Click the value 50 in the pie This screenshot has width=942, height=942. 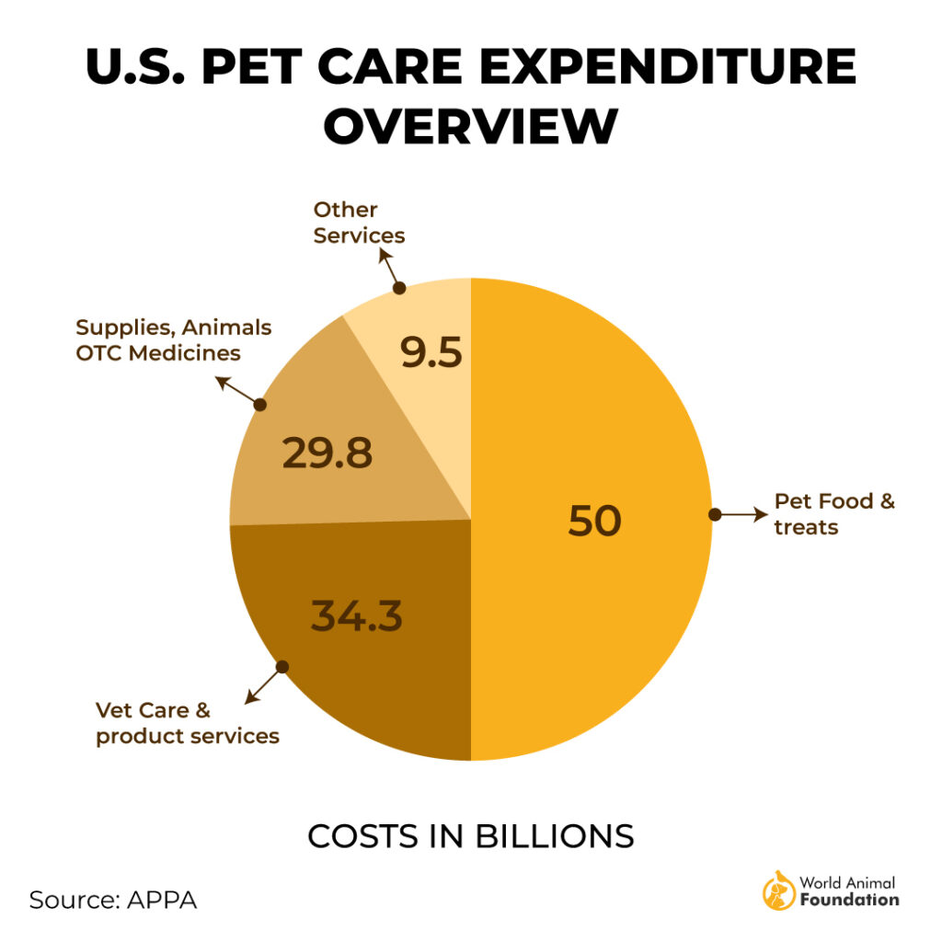tap(595, 521)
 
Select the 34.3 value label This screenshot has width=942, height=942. tap(357, 615)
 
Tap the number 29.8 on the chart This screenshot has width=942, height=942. tap(327, 453)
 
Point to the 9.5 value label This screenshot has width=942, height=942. tap(431, 352)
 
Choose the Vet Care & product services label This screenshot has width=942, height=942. tap(188, 723)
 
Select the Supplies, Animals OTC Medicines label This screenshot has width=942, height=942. tap(173, 339)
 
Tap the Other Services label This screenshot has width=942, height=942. tap(359, 223)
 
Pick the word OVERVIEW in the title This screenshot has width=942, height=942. tap(470, 126)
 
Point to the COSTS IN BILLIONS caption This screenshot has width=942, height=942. tap(470, 836)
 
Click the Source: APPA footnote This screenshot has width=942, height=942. tap(113, 899)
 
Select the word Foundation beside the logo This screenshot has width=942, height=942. tap(849, 900)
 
